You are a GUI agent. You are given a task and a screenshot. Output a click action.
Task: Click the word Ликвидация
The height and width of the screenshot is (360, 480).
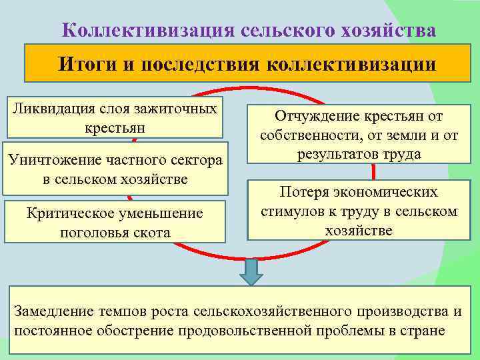coord(53,108)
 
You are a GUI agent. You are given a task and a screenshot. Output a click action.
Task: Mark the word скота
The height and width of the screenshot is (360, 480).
coord(153,232)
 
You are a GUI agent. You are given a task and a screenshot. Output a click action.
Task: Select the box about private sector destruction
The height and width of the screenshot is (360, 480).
coord(116,169)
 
